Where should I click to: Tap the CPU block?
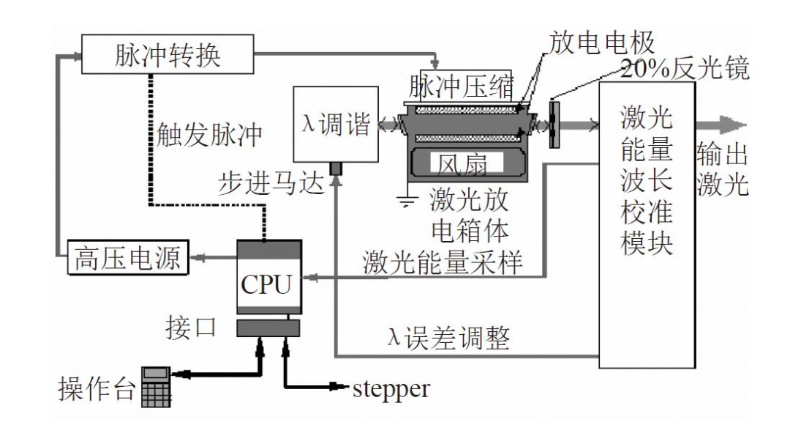[269, 277]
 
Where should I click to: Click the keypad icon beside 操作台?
[157, 387]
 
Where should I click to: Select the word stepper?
[391, 388]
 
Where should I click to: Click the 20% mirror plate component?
[554, 125]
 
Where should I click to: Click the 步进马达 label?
[271, 182]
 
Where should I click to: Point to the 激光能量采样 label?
[443, 262]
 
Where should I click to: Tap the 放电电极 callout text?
[601, 42]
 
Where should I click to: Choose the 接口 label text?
[191, 327]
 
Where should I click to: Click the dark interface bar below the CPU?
[268, 328]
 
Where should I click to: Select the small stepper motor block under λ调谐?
[336, 169]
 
